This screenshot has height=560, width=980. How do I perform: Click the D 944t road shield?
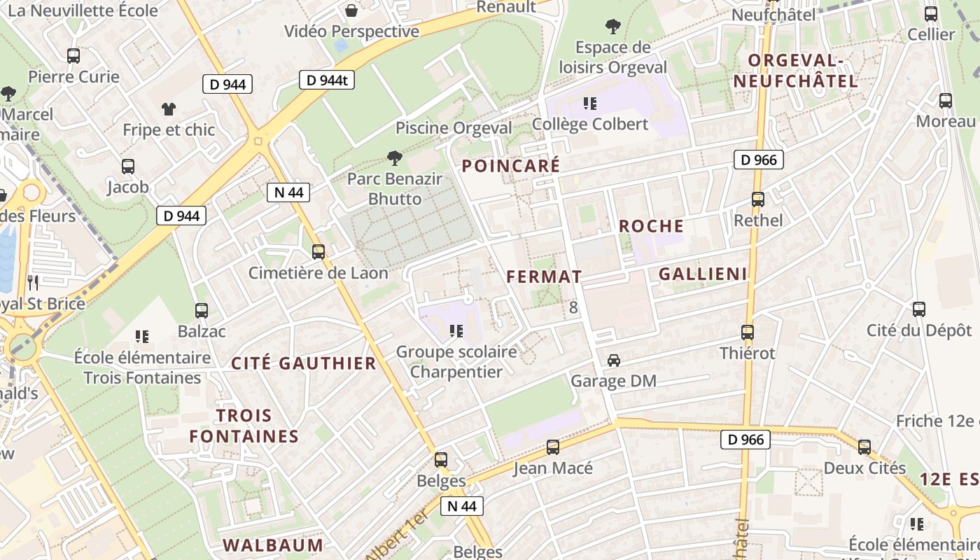click(327, 80)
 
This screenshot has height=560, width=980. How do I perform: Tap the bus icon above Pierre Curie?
click(73, 55)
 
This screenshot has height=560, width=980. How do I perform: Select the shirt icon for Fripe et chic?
click(169, 108)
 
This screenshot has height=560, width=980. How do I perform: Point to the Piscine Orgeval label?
click(454, 128)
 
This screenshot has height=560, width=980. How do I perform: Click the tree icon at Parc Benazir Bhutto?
click(395, 158)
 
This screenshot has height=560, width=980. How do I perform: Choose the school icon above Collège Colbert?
click(590, 104)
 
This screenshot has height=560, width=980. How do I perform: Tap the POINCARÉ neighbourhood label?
click(511, 166)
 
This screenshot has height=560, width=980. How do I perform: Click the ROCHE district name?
click(651, 226)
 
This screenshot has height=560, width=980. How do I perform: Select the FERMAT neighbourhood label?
click(544, 276)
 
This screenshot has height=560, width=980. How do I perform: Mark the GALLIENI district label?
click(703, 274)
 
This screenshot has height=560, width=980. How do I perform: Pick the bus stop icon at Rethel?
click(757, 199)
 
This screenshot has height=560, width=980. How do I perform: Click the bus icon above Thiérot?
click(748, 332)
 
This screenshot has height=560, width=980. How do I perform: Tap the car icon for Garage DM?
click(614, 360)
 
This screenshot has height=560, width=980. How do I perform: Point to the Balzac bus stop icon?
click(202, 310)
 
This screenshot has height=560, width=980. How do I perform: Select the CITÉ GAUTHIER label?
click(304, 363)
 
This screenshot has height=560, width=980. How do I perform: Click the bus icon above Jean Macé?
click(553, 447)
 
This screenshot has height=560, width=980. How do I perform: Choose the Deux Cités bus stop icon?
click(864, 447)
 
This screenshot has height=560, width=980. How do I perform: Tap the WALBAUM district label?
click(273, 545)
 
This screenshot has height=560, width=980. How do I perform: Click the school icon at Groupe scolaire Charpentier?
click(456, 330)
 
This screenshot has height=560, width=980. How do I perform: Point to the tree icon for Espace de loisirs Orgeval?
click(612, 27)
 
